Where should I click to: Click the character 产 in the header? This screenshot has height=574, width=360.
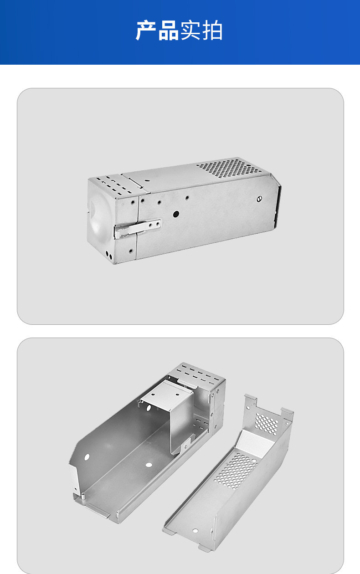pos(146,30)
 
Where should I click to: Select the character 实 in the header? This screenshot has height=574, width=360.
pos(190,30)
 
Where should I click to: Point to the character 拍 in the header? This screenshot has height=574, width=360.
pos(212,30)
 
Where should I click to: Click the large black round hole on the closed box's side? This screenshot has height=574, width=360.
pos(176,214)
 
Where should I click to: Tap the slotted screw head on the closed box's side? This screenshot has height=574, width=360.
pos(259,199)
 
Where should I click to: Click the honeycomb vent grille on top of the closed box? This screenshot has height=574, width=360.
pos(229,169)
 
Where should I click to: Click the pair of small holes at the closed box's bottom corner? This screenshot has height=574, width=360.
pos(109,255)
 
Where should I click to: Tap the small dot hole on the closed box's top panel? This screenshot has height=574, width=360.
pos(147,180)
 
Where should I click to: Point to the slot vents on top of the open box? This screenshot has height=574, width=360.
pos(199,374)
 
